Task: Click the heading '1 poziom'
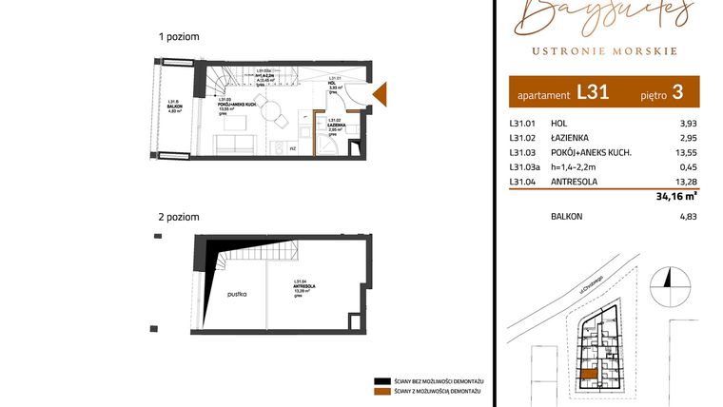coord(180,36)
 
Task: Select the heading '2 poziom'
coord(180,217)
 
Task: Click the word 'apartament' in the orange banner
coord(542,96)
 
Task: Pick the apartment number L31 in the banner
coord(593,93)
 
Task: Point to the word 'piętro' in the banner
coord(650,95)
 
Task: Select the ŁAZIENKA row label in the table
coord(572,138)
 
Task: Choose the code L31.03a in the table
coord(525,167)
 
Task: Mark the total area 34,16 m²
coord(677,198)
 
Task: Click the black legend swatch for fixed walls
coord(382,378)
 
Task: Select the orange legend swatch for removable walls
coord(382,392)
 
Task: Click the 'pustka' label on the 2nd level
coord(237,295)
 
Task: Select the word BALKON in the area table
coord(567,216)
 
